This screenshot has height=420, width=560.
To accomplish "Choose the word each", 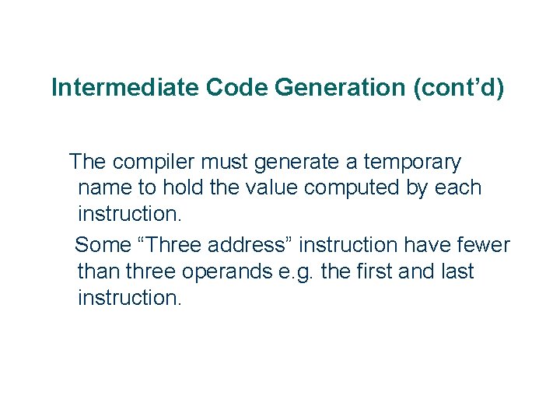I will point(460,188).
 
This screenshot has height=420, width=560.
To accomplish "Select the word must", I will point(225,163).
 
